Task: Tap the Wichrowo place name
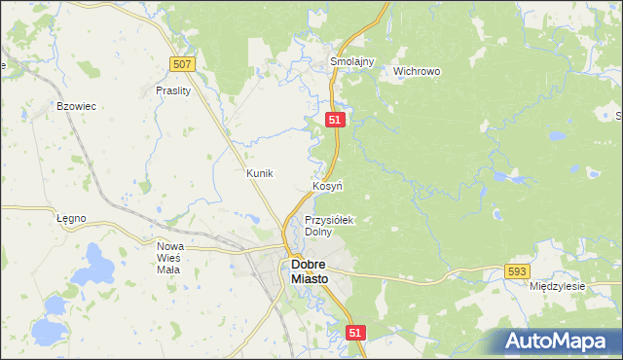tap(417, 71)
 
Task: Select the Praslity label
tap(172, 90)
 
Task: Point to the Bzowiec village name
tap(76, 105)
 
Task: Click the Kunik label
tap(260, 172)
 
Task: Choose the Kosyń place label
tap(326, 185)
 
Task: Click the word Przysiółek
tap(330, 220)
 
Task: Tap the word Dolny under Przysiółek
tap(318, 232)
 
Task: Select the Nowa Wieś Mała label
tap(170, 259)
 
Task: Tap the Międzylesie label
tap(556, 287)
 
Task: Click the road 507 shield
tap(182, 64)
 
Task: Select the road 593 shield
tap(517, 272)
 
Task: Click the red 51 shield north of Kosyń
tap(335, 119)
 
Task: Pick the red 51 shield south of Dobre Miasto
tap(355, 333)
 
